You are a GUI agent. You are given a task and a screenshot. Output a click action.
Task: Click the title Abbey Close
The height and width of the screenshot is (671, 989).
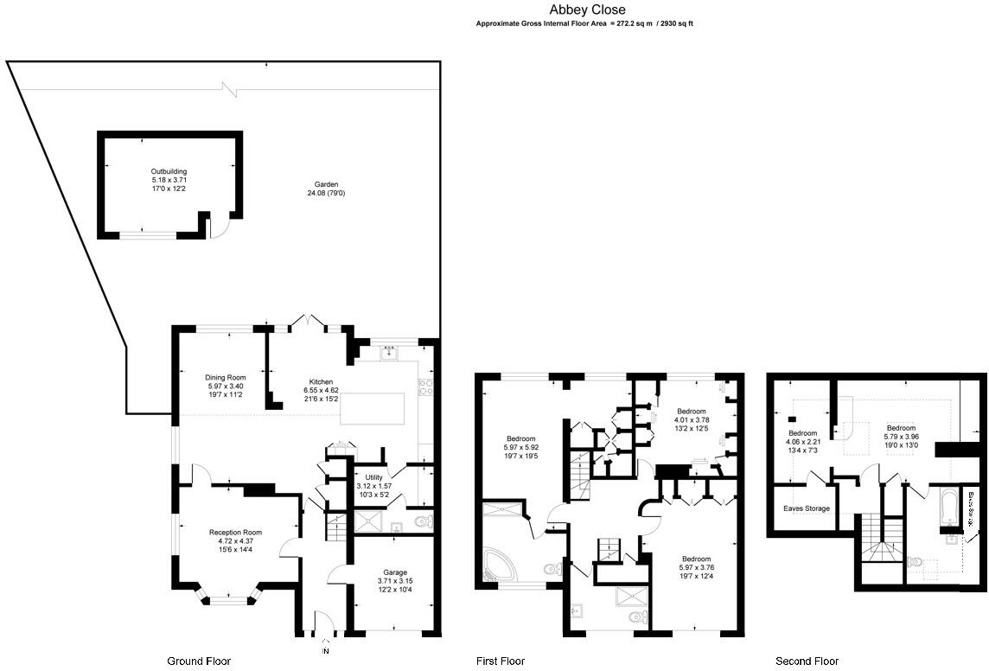[x=585, y=10]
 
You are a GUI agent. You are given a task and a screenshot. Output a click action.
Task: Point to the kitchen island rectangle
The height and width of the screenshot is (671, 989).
[x=373, y=408]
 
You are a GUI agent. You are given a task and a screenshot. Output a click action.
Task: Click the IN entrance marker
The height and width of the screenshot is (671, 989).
[x=326, y=650]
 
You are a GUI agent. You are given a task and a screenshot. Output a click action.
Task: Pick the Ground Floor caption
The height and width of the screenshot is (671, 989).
[x=199, y=661]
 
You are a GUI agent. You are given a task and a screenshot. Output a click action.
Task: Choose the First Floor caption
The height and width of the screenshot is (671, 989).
[x=501, y=661]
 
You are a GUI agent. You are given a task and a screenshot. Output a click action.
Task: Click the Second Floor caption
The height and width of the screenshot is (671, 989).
[x=807, y=661]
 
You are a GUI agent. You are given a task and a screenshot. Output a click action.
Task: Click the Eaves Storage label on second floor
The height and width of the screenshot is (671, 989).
[x=806, y=508]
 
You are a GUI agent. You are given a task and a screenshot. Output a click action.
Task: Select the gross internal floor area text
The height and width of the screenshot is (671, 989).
[x=584, y=24]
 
